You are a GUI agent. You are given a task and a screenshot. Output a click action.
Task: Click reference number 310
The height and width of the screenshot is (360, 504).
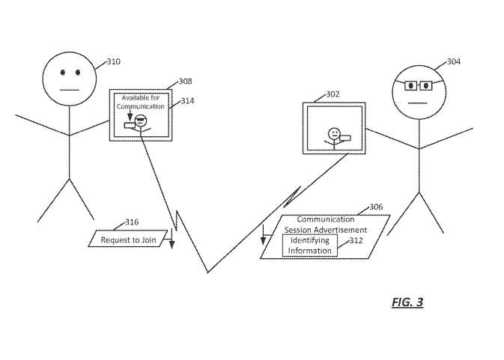coord(114,61)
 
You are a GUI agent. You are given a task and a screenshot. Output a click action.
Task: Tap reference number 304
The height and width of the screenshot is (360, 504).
coord(454,61)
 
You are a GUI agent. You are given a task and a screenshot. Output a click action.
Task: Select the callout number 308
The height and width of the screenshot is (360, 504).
coord(186,82)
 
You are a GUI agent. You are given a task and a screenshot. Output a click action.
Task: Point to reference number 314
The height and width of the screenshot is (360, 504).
coord(187,101)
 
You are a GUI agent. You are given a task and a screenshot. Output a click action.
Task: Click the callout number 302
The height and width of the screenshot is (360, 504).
coord(333,94)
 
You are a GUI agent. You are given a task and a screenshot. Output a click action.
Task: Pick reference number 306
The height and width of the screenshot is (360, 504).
coord(376,207)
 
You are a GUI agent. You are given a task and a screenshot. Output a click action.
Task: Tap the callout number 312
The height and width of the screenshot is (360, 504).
coord(356,240)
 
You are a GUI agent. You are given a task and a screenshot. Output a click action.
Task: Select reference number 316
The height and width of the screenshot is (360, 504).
coord(132,222)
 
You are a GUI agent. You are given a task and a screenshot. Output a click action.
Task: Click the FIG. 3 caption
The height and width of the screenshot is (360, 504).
coord(407,302)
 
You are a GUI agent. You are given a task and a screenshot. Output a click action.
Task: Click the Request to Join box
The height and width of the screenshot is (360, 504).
coord(128,239)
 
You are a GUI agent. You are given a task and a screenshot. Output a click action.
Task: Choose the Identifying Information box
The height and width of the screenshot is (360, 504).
coord(310,245)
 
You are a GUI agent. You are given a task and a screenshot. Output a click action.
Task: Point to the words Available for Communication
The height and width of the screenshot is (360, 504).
coord(141,102)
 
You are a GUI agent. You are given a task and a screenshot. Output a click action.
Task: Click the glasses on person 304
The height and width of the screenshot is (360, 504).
coord(418,86)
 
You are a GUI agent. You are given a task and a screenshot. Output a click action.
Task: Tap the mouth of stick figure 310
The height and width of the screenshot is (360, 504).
coord(70,91)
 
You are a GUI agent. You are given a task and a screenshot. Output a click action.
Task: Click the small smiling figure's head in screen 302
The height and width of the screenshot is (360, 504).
coord(334,133)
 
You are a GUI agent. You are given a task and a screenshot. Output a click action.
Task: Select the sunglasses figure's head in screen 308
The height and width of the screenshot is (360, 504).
coord(141,120)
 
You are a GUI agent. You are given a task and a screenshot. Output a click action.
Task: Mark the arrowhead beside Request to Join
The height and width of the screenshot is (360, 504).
coord(172,245)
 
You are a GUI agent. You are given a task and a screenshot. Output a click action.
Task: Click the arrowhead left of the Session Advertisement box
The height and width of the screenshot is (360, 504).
coord(264,240)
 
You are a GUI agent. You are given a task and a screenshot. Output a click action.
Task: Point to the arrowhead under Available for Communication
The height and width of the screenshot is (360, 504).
coord(130,116)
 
